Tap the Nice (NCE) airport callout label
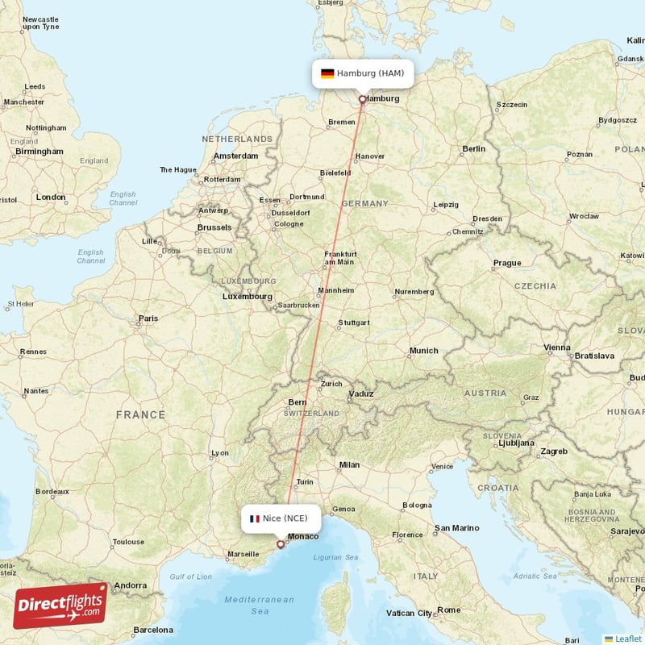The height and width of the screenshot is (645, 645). (281, 518)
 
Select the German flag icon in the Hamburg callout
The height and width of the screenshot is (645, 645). (327, 73)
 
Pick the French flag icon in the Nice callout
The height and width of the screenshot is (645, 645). (255, 518)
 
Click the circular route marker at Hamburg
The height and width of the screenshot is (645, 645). (362, 99)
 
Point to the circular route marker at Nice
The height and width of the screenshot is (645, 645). (281, 544)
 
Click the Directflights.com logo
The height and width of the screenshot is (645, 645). (60, 605)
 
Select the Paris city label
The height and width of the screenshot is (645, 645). (148, 318)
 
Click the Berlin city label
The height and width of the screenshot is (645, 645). (473, 148)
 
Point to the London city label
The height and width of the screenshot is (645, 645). (51, 197)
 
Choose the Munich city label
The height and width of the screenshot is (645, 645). (423, 351)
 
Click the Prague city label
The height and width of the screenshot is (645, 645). (507, 263)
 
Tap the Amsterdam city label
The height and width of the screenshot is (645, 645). (235, 156)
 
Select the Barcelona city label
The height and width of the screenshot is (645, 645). (153, 630)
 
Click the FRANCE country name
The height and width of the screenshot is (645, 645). (140, 414)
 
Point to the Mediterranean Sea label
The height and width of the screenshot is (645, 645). (259, 605)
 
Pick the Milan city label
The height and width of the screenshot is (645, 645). (349, 464)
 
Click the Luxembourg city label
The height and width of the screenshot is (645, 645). (248, 296)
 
